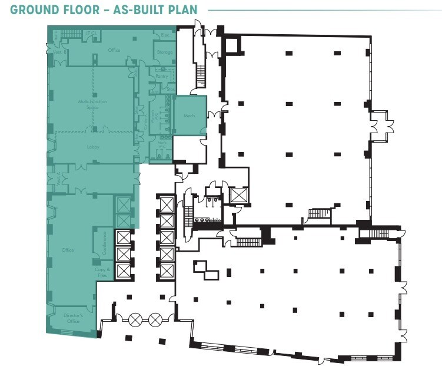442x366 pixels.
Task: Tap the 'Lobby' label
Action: (x=92, y=146)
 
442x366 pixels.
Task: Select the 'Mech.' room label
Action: (x=190, y=116)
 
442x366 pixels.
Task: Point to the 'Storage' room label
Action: (x=165, y=52)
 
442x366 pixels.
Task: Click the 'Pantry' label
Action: (x=162, y=76)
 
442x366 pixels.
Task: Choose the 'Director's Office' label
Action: (x=74, y=319)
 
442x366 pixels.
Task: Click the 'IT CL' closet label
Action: (x=91, y=32)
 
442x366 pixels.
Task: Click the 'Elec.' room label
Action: (x=165, y=35)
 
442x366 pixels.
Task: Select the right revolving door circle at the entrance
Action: (x=155, y=319)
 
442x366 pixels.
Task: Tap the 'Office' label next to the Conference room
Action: (x=68, y=250)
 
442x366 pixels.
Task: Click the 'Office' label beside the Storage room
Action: (x=114, y=51)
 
